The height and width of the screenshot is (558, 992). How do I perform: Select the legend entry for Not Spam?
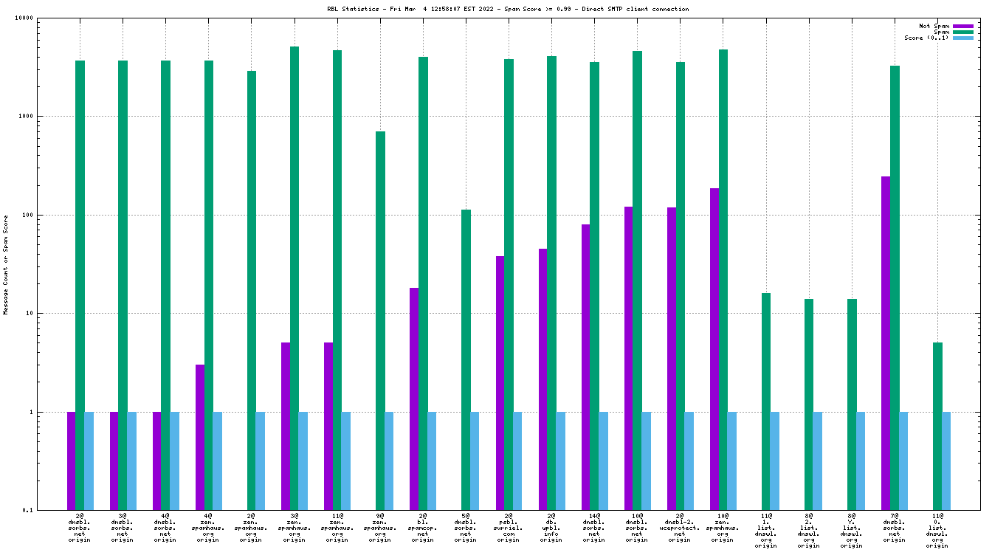point(934,26)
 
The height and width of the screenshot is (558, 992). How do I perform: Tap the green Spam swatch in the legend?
point(963,32)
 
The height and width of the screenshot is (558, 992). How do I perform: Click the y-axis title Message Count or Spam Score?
point(6,264)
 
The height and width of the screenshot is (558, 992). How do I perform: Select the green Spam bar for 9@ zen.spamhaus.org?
point(380,320)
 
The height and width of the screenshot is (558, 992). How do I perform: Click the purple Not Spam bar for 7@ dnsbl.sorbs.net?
point(886,343)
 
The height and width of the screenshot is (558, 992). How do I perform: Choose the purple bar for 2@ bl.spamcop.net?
point(414,399)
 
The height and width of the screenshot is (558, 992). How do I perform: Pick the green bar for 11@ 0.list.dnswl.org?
point(937,426)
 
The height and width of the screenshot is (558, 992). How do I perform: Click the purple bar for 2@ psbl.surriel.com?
point(500,383)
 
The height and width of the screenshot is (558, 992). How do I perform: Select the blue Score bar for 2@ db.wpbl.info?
point(561,461)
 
